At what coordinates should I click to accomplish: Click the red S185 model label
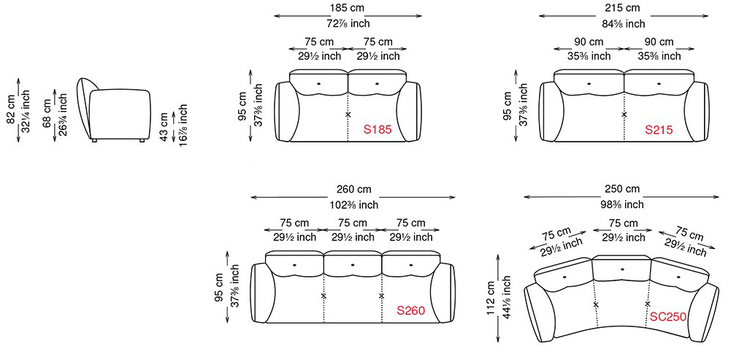coord(378,130)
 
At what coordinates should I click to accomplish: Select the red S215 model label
coord(659,130)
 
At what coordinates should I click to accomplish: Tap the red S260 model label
coord(410,310)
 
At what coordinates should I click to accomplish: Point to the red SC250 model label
coord(668,317)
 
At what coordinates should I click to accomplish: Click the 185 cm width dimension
coord(348,7)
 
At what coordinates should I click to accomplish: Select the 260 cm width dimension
coord(354,189)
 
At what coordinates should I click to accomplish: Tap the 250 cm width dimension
coord(622,189)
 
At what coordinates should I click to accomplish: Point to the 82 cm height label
coord(11,110)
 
